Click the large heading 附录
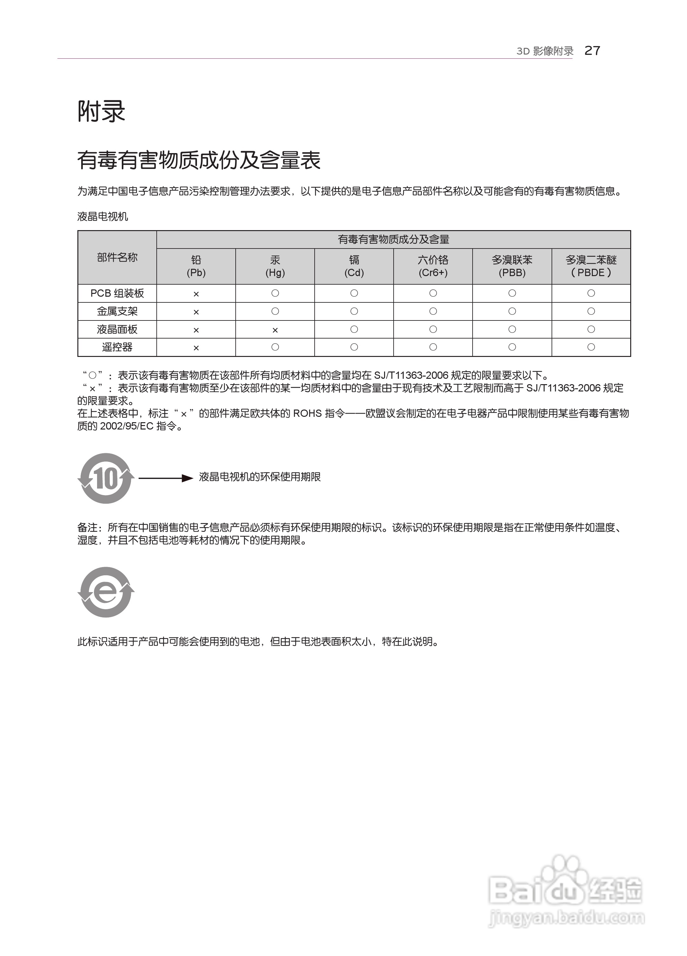[x=101, y=112]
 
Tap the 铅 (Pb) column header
[x=196, y=266]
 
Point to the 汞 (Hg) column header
[x=275, y=266]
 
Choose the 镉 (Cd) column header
[x=354, y=266]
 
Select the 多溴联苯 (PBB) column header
[x=512, y=266]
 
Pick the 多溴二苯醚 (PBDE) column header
[x=591, y=266]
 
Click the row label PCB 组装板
[x=117, y=294]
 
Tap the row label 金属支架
[x=117, y=312]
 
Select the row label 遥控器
[x=117, y=347]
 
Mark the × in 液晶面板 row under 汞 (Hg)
[x=275, y=330]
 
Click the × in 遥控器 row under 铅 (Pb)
[x=196, y=348]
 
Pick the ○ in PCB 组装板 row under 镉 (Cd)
[x=354, y=293]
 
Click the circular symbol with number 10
[x=106, y=478]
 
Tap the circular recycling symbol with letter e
[x=106, y=592]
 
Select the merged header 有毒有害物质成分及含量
[x=394, y=239]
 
